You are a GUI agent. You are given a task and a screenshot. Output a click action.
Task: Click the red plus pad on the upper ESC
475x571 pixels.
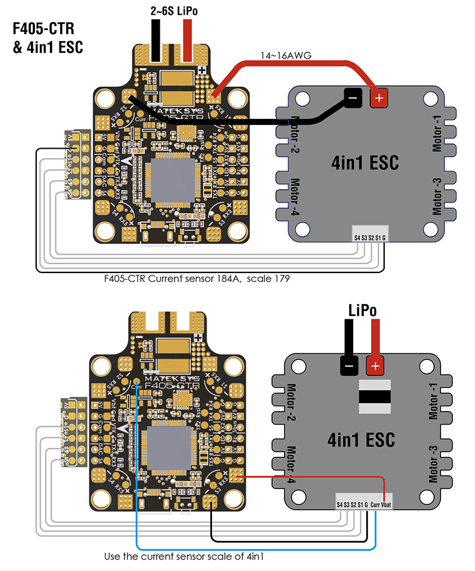tap(376, 97)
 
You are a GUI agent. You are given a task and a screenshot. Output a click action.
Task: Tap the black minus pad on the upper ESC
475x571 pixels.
tap(353, 97)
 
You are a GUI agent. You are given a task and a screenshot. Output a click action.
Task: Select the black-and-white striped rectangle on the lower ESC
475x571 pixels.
tap(374, 396)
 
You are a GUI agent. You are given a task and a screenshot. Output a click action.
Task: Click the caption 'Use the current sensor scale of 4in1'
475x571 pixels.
tap(183, 557)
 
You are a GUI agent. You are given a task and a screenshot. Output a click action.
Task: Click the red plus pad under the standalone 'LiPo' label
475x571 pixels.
tap(374, 366)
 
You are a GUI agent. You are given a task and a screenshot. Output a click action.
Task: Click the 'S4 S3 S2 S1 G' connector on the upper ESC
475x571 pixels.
tap(369, 237)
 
